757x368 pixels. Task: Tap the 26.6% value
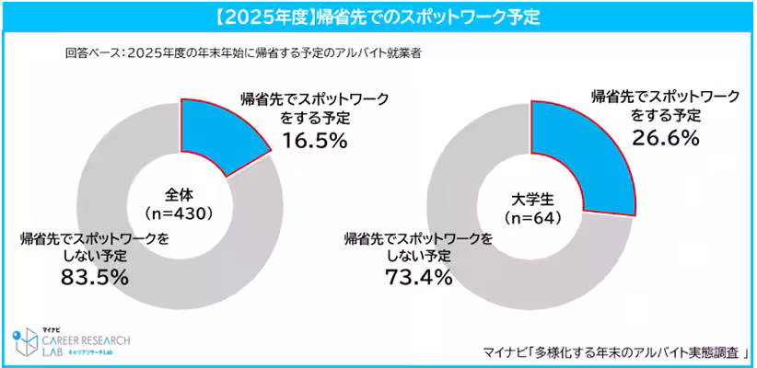[x=666, y=138]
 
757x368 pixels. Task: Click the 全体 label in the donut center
[x=181, y=194]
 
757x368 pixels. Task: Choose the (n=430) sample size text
[x=181, y=213]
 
